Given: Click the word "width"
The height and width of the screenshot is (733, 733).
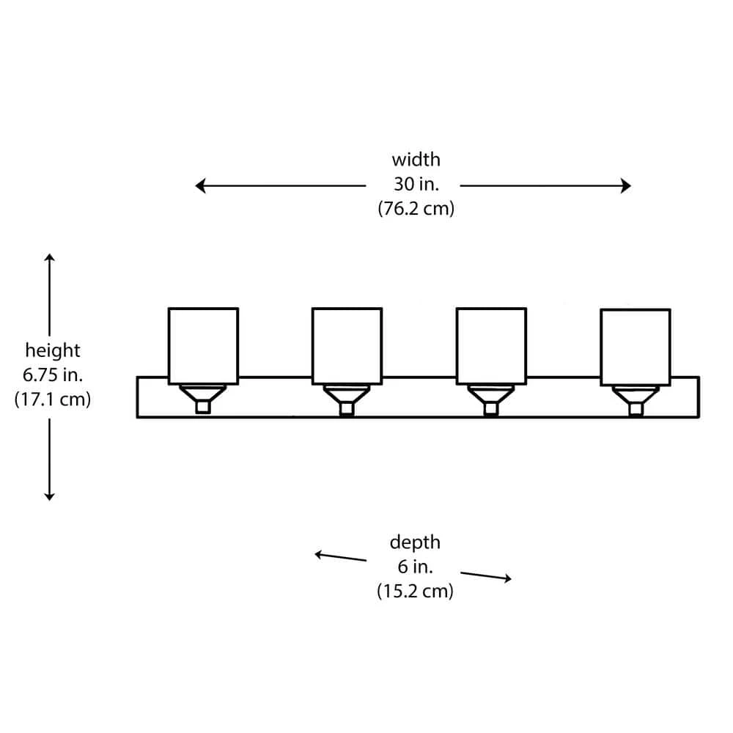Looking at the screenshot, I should [416, 159].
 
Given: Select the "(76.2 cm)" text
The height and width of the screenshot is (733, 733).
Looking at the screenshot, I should [416, 208].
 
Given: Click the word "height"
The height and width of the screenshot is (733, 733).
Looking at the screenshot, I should [53, 350].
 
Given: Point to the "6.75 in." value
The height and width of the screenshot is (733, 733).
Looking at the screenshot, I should [53, 375].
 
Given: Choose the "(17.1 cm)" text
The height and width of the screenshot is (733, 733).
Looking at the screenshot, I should [53, 400].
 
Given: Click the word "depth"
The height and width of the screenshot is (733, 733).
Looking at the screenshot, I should [415, 542].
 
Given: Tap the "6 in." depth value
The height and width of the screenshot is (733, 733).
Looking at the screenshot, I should [415, 567].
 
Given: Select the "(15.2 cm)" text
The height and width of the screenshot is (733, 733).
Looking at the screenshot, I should [415, 591].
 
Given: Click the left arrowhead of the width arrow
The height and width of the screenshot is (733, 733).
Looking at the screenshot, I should [199, 186].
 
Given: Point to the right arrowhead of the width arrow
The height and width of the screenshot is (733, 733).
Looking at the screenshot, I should [626, 186].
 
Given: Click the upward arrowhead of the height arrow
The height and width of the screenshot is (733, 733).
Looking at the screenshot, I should [49, 257].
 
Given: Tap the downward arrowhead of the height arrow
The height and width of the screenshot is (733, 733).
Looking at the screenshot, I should [49, 496].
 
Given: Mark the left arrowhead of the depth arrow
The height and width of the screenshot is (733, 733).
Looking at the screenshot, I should [319, 554].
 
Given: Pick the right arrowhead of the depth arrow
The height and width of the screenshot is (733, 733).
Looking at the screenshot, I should [507, 579].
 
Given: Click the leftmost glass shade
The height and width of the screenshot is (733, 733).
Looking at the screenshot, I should [203, 345].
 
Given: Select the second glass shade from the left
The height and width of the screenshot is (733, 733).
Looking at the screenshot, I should [347, 345].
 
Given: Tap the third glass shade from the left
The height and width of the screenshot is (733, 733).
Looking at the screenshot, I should [490, 345].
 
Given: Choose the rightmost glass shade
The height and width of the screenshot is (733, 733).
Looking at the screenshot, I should [635, 346].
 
